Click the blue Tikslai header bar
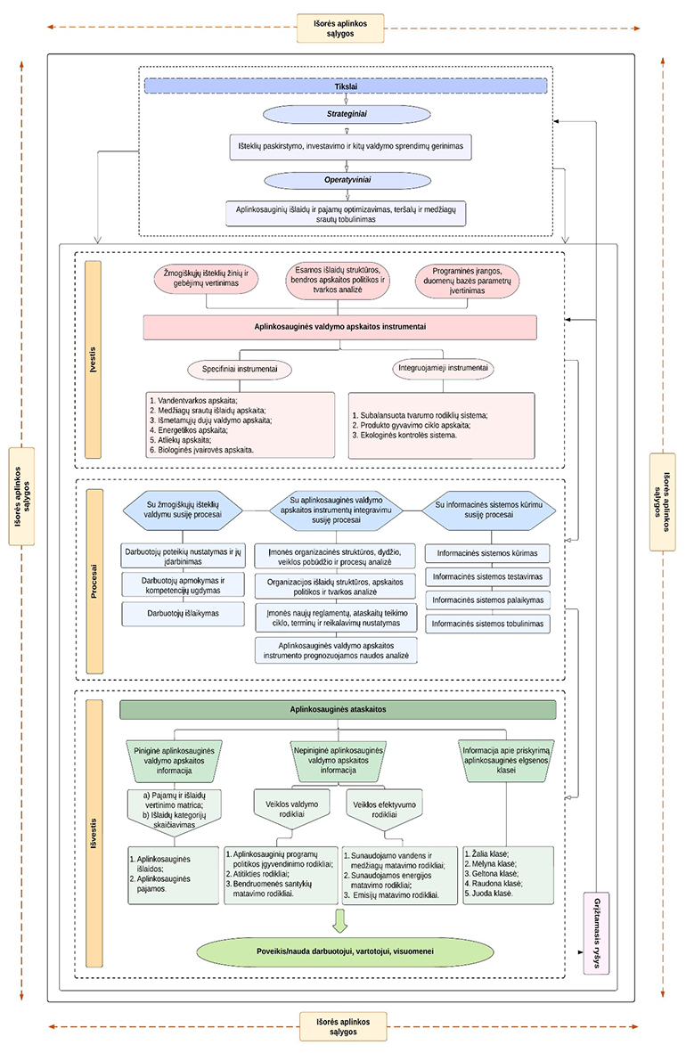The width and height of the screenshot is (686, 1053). click(x=344, y=86)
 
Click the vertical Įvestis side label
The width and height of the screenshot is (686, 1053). click(x=93, y=359)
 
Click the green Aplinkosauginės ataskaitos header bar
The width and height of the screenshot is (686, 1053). click(x=338, y=709)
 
